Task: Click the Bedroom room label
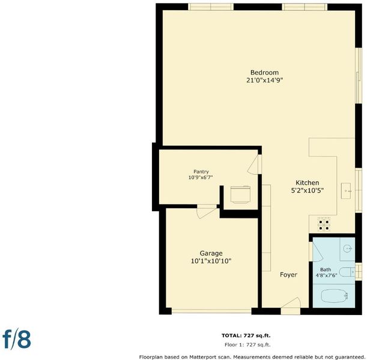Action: click(x=264, y=73)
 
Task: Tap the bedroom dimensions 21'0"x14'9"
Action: click(x=264, y=80)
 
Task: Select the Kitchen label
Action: click(x=307, y=183)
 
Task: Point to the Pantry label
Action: click(x=201, y=172)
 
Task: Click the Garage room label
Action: click(x=211, y=253)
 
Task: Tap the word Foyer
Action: click(x=288, y=275)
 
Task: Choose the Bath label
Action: click(x=326, y=269)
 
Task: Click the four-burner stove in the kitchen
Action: click(x=324, y=224)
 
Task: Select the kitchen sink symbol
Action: click(x=346, y=191)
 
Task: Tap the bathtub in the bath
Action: click(x=334, y=296)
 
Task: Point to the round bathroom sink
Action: click(x=348, y=248)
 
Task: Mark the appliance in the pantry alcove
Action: click(x=240, y=194)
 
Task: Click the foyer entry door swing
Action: click(x=291, y=303)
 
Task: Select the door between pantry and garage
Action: click(x=207, y=212)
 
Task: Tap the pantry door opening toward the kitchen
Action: click(x=254, y=164)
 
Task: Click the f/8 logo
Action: click(x=17, y=339)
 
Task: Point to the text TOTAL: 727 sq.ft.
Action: click(x=246, y=335)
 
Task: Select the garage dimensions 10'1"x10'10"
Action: click(x=211, y=261)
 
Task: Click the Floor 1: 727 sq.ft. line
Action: click(x=247, y=344)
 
